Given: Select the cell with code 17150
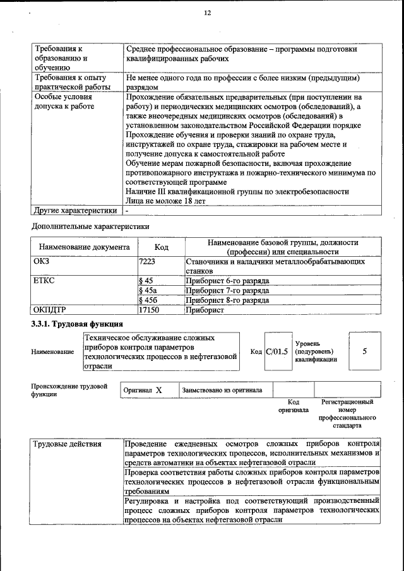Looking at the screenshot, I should click(148, 310).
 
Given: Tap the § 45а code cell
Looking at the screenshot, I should click(148, 290).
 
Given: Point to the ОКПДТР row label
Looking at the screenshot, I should click(49, 310).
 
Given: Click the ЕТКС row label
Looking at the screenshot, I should click(44, 280).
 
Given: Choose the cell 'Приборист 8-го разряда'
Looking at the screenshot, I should click(228, 300).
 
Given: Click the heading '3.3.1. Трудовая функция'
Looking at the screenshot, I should click(77, 325).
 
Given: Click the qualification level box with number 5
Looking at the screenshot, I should click(364, 351).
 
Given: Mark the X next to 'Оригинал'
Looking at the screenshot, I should click(159, 390).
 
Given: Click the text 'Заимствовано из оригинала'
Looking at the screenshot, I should click(222, 390).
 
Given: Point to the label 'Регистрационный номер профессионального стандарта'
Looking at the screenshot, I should click(347, 413).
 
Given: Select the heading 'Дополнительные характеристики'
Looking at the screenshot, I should click(91, 225).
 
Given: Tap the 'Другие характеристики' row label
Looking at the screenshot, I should click(75, 211).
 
